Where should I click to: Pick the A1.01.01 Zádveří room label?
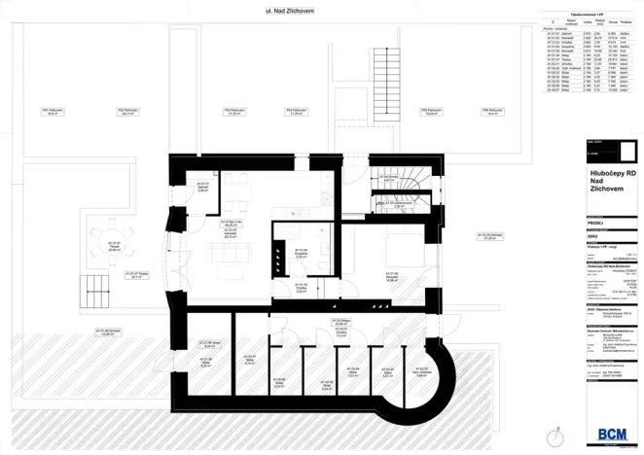203,188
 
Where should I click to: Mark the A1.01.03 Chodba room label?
302,289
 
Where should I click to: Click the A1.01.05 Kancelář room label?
391,277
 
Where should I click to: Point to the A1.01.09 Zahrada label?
490,236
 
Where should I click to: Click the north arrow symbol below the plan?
557,429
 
